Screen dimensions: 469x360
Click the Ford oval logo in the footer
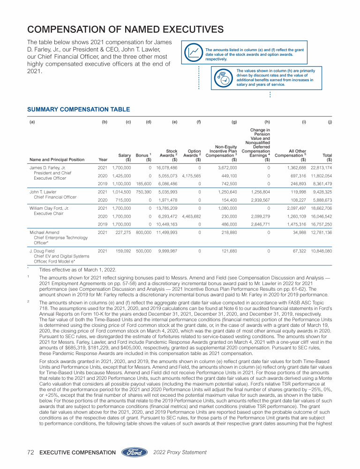136,452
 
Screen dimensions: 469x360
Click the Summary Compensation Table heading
79,109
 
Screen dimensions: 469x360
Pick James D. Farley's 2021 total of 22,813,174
321,167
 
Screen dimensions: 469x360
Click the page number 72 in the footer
31,453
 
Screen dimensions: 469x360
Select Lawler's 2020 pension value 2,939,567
262,200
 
